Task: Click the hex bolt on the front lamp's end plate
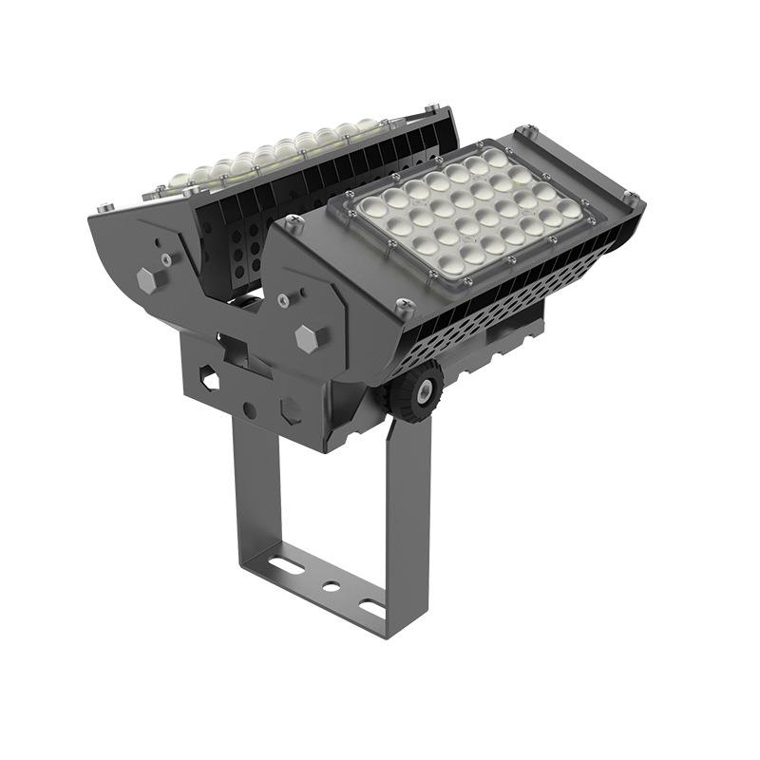tap(306, 338)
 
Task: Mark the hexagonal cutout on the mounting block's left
tap(209, 380)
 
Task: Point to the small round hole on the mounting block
tap(249, 410)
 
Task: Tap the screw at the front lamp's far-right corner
tap(629, 199)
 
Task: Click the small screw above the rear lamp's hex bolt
tap(167, 256)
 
